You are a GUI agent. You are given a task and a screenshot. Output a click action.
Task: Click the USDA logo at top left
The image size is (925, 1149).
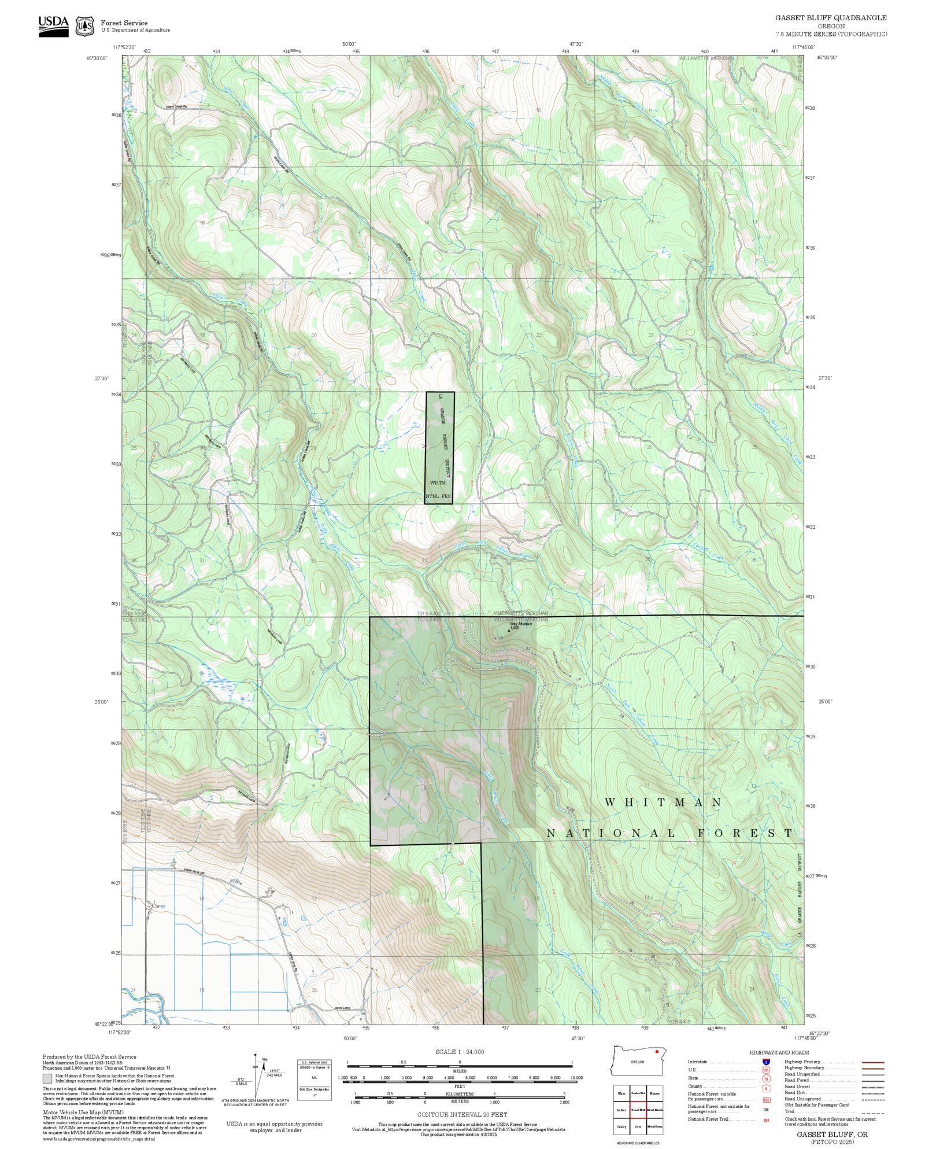coord(53,26)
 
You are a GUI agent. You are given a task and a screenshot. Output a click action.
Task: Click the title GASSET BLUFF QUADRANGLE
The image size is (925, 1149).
coord(831,18)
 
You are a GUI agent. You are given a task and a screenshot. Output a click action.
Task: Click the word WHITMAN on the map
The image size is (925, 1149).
coord(663,802)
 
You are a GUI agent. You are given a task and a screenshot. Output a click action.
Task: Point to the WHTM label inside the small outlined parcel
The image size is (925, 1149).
coord(438,483)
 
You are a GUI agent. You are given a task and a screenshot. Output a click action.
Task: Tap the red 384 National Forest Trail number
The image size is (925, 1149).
coord(767,1119)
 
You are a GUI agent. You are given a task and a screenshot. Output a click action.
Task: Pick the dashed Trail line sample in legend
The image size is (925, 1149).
coord(872,1111)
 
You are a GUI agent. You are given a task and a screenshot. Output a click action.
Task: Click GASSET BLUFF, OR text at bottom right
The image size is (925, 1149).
coord(832,1135)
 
